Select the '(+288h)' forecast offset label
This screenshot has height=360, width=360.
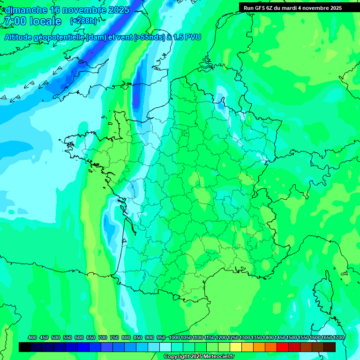point(84,21)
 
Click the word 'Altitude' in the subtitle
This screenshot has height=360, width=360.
point(21,37)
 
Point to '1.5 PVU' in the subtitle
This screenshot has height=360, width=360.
point(187,37)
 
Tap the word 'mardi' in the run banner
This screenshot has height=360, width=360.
point(299,8)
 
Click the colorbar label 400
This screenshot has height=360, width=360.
point(32,338)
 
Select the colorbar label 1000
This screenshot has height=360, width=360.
point(174,338)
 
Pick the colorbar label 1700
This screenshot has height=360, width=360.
point(338,338)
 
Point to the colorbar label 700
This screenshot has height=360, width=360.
point(103,338)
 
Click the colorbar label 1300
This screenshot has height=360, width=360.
point(245,338)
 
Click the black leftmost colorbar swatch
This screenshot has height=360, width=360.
point(25,347)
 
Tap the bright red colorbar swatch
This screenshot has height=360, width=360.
point(283,347)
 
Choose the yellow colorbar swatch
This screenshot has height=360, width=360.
point(236,347)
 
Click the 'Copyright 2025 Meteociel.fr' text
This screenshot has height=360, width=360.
point(199,357)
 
